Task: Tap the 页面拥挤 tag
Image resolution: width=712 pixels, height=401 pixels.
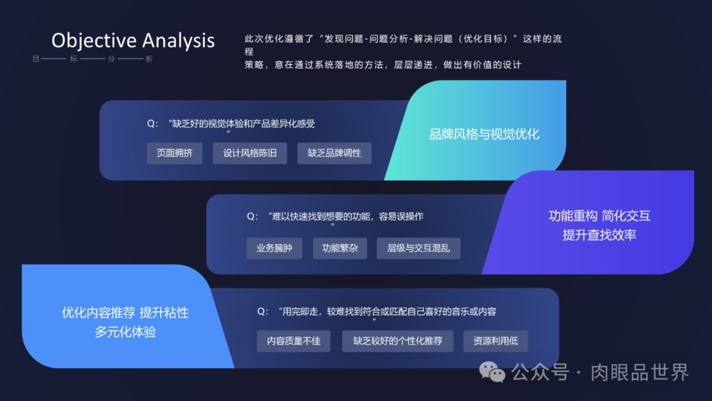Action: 175,153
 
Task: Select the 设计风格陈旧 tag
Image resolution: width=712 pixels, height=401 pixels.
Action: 250,153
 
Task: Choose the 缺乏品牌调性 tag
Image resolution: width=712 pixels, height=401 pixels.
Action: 334,153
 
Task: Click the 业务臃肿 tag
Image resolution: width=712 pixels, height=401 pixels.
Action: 274,249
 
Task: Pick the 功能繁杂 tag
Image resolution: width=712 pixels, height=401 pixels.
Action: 340,249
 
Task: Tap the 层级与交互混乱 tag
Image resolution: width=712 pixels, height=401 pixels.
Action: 418,249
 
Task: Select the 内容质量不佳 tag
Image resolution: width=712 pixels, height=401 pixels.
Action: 293,341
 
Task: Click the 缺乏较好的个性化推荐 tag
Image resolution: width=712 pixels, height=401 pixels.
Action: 398,341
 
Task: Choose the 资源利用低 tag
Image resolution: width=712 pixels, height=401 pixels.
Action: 495,341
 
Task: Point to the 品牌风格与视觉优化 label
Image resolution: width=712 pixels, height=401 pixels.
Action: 484,135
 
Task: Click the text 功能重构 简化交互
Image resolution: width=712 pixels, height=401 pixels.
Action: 599,216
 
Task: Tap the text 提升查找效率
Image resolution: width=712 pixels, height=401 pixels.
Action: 599,235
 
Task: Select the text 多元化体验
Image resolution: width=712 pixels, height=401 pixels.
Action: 125,332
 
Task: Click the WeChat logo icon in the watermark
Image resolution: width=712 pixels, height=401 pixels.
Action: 492,372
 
